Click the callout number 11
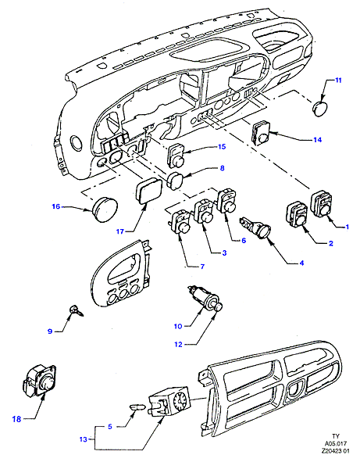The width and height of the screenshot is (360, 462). [x=338, y=81]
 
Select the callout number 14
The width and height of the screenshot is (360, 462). [x=317, y=140]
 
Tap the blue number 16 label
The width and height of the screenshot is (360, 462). [x=56, y=206]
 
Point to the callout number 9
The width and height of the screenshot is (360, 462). [x=50, y=331]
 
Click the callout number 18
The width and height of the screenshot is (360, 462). [x=16, y=419]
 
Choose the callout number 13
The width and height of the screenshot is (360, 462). [x=84, y=439]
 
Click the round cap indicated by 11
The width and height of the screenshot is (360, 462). [x=319, y=108]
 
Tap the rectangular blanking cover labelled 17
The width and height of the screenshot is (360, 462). [x=148, y=190]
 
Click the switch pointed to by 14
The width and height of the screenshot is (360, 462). [x=262, y=132]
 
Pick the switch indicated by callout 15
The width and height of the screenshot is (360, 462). [x=176, y=155]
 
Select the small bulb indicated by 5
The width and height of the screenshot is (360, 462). [x=137, y=408]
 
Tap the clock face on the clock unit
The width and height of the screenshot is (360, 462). [x=182, y=400]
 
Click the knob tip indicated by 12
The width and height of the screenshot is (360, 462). [x=218, y=307]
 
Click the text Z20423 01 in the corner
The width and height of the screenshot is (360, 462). [x=335, y=459]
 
